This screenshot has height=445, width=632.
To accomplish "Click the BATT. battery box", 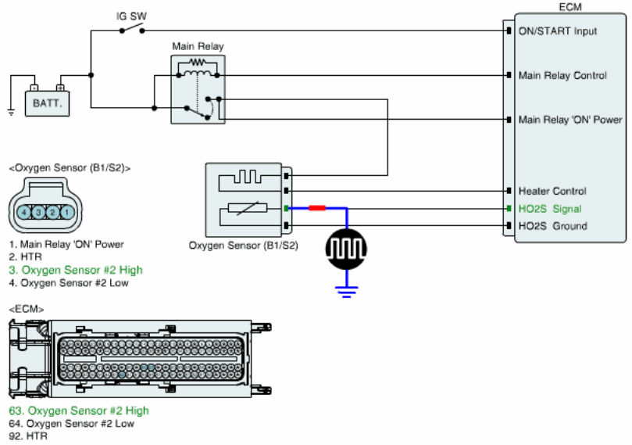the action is [47, 103].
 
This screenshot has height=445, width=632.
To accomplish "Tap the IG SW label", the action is [131, 16].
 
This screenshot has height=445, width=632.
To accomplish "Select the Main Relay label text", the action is [198, 46].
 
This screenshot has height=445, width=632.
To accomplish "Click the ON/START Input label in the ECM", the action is [558, 31].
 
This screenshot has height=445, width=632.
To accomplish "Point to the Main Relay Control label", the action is [562, 75].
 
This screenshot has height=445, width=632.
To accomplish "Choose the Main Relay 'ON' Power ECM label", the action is [570, 120].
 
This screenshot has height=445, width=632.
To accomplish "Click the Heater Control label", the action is [552, 191].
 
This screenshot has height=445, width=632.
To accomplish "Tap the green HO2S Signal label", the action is [550, 209].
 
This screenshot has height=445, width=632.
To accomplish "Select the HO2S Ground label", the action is [552, 226].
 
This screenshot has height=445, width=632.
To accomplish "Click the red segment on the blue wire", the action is [317, 208].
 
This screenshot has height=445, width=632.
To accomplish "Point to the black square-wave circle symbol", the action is [346, 249].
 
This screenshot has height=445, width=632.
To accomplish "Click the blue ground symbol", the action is [346, 292].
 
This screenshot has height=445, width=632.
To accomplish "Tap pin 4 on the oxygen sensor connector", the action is [24, 212].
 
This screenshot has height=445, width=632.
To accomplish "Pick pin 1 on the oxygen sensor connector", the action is [67, 212].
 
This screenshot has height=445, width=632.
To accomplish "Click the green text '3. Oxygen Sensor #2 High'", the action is [76, 270].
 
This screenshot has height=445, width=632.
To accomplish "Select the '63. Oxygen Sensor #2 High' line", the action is [79, 411].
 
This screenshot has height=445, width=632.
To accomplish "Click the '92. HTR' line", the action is [28, 436].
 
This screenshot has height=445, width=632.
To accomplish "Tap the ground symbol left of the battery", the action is [11, 112].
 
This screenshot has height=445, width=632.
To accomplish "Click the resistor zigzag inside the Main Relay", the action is [198, 62].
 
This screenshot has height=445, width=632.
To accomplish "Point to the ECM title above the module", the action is [570, 7].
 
